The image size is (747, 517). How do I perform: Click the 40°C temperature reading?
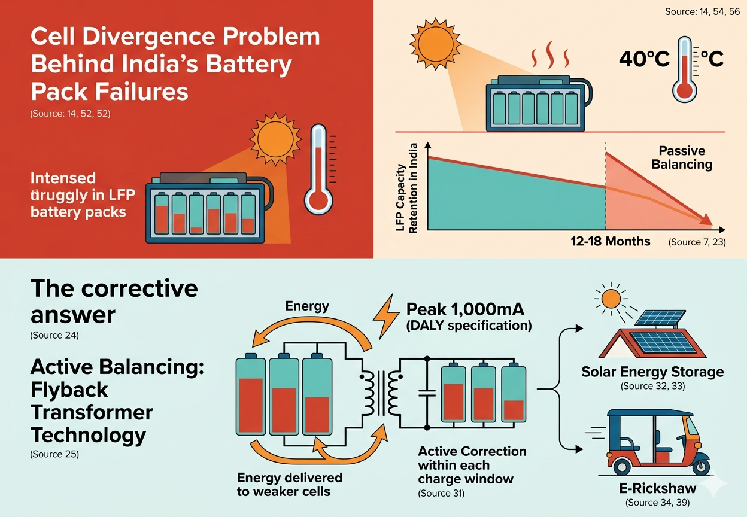click(x=644, y=59)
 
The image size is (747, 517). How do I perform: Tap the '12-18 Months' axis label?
click(x=610, y=241)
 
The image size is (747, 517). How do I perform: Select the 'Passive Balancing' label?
click(x=682, y=157)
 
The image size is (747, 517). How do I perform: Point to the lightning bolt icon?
click(x=386, y=317)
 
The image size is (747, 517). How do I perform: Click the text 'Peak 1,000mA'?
click(x=465, y=309)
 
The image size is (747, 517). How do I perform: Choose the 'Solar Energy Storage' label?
click(x=652, y=372)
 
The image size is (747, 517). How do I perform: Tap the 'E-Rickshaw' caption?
click(x=658, y=488)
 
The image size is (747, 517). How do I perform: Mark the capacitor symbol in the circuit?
click(x=427, y=393)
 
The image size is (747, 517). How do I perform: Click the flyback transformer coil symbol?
click(x=380, y=393)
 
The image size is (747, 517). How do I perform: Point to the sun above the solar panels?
click(x=611, y=299)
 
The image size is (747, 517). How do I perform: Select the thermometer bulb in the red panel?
click(x=318, y=202)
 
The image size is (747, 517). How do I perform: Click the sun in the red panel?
click(x=275, y=139)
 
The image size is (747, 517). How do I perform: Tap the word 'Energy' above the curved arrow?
click(x=307, y=306)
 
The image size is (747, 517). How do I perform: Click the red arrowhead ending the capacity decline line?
click(x=706, y=220)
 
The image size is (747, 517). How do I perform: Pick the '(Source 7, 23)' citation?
click(x=697, y=242)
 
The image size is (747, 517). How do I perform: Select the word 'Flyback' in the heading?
click(x=69, y=390)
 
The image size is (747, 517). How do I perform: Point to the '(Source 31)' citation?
click(x=441, y=493)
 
